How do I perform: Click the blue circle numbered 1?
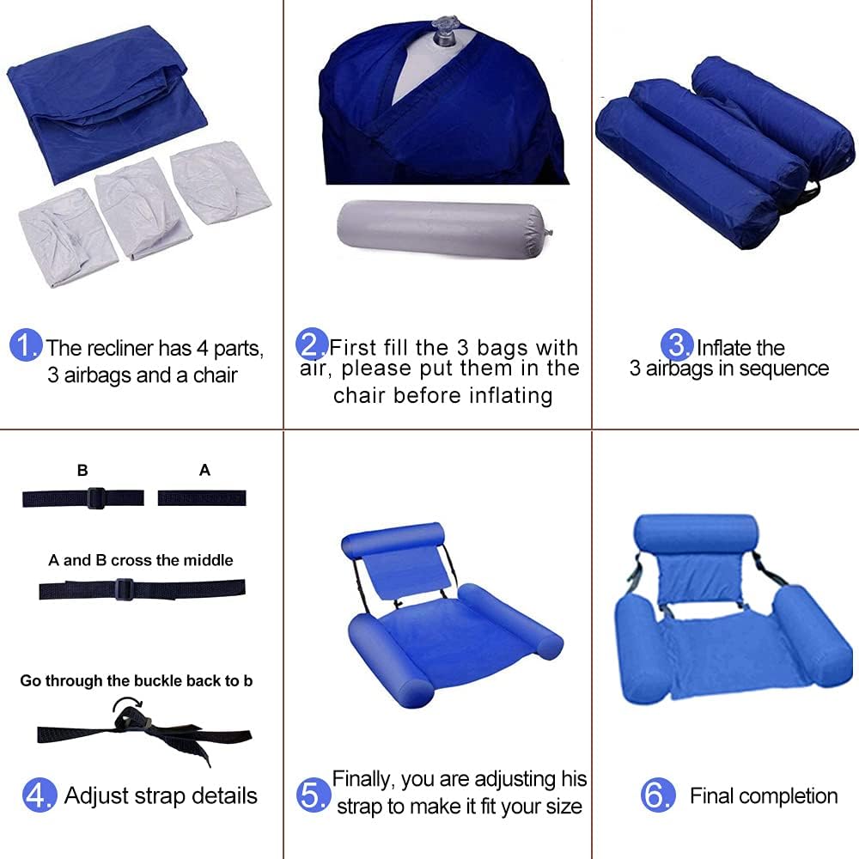coord(26,345)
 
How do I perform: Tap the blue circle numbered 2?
coord(312,344)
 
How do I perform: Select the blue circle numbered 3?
coord(677,345)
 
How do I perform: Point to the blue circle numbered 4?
coord(40,795)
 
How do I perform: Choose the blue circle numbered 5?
coord(313,795)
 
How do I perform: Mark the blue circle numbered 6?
coord(658,795)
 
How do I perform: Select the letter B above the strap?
coord(82,470)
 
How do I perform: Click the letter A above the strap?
coord(205,470)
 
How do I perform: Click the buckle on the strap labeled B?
coord(96,498)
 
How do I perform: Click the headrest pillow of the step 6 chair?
coord(696,534)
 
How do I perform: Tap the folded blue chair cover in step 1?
coord(107,102)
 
